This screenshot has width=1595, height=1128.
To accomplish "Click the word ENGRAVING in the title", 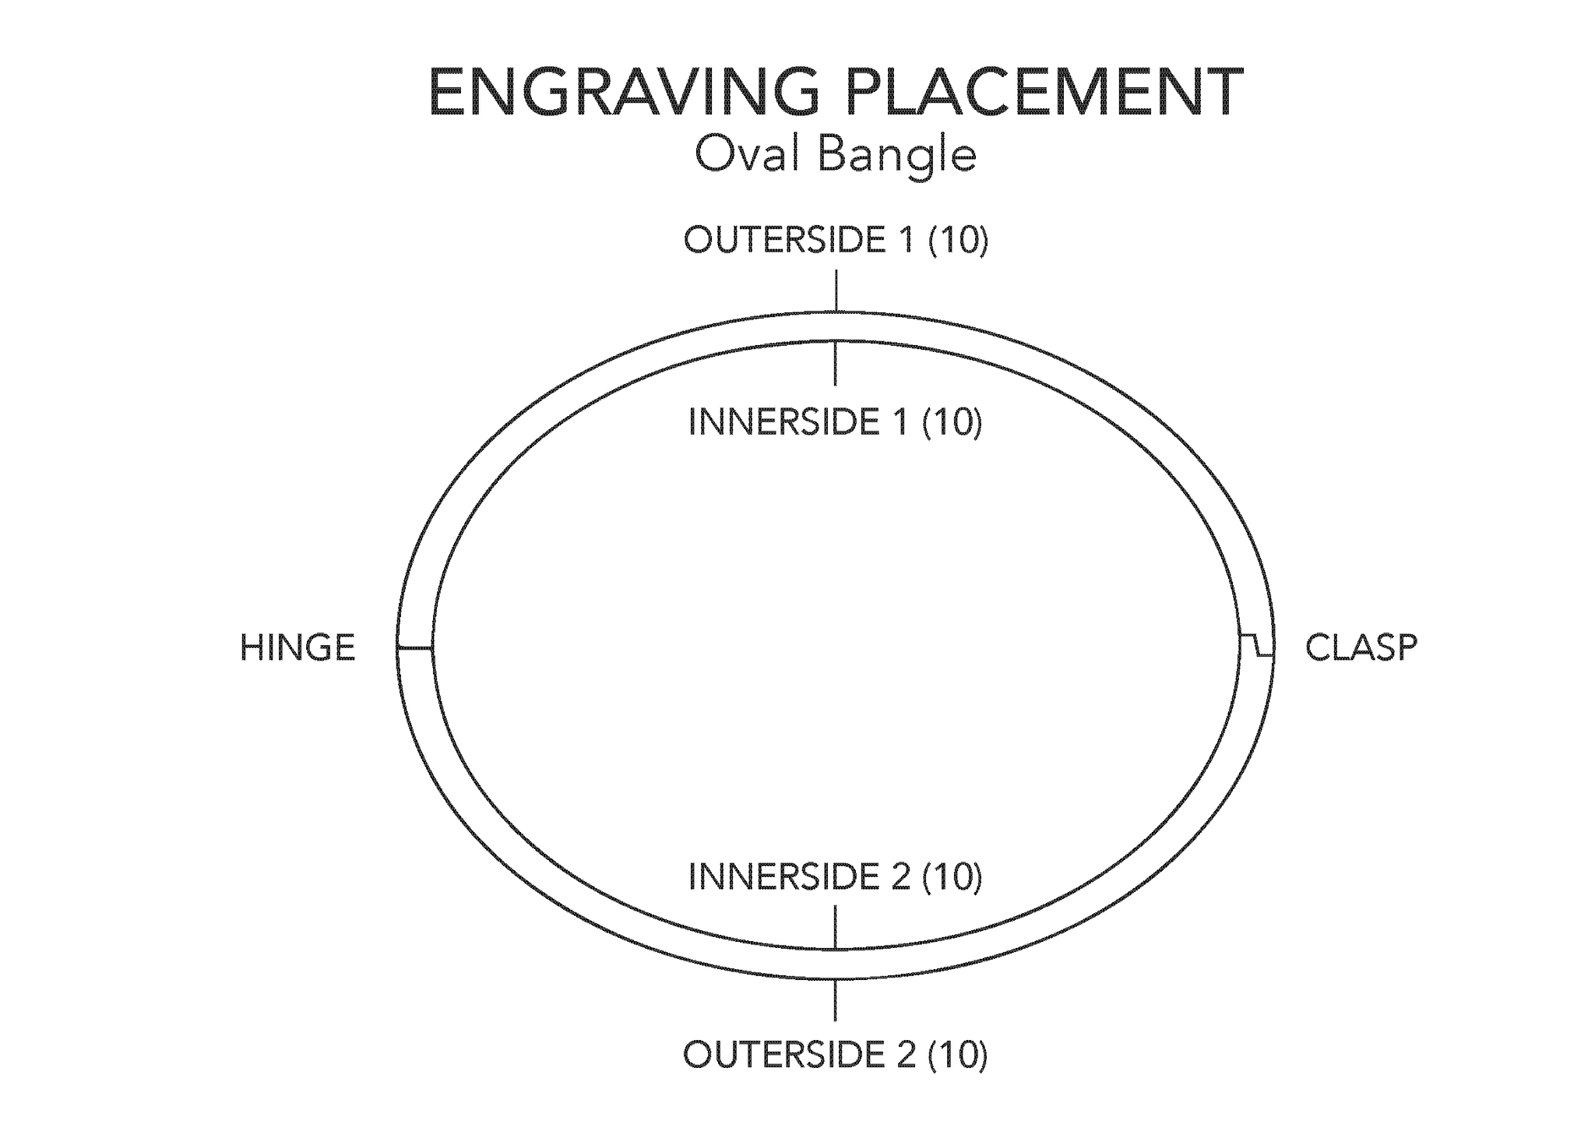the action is pyautogui.click(x=624, y=92).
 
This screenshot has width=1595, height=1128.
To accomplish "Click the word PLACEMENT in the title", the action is pyautogui.click(x=1044, y=92).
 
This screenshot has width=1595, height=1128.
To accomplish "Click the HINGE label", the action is pyautogui.click(x=298, y=648).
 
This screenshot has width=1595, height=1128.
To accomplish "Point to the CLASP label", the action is pyautogui.click(x=1361, y=648).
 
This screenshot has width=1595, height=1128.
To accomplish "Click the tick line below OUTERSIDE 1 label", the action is pyautogui.click(x=836, y=291).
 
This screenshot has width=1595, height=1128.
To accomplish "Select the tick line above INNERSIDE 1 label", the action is pyautogui.click(x=836, y=363).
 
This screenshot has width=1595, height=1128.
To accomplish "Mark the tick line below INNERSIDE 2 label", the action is pyautogui.click(x=836, y=928).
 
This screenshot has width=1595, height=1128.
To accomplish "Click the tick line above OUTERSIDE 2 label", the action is pyautogui.click(x=836, y=999).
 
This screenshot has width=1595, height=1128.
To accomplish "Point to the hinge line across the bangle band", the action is pyautogui.click(x=415, y=647).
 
